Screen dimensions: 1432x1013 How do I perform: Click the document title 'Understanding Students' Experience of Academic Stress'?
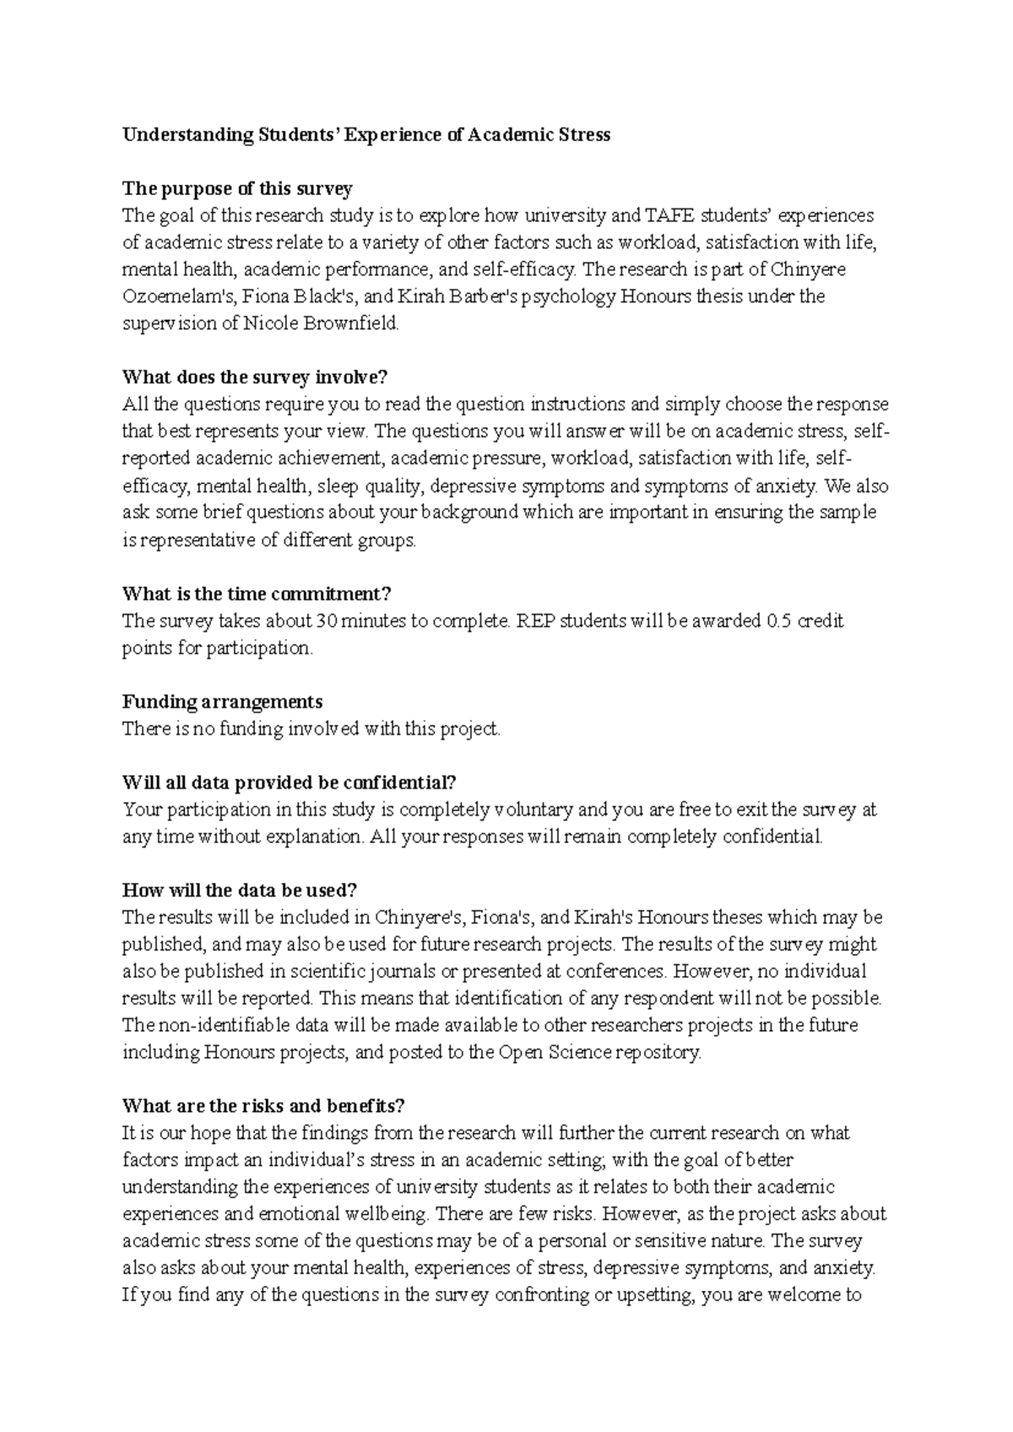pos(366,134)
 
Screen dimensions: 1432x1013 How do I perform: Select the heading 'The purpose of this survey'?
pos(237,188)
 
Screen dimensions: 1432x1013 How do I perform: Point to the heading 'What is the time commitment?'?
pos(257,594)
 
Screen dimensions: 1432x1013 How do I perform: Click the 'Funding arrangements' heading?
pos(222,702)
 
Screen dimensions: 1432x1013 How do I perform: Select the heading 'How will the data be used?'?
pos(240,890)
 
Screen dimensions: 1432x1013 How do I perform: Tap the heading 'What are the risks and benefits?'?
pos(263,1105)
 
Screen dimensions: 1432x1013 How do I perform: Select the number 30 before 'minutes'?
pos(325,621)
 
